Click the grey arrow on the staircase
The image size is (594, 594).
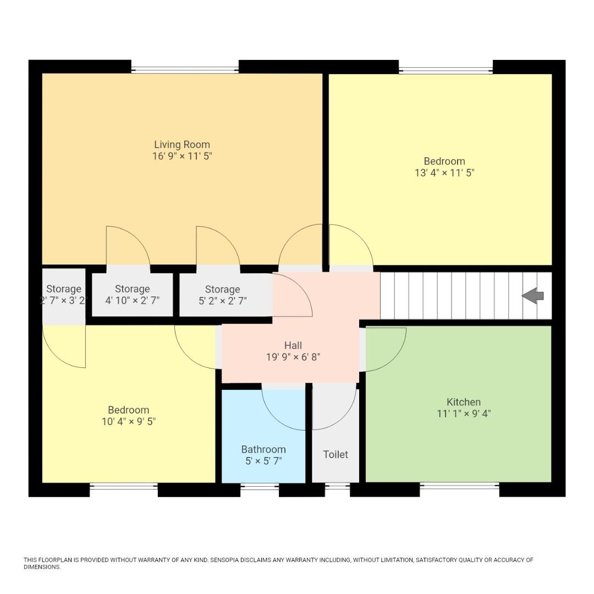(532, 296)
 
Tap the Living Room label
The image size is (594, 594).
(182, 145)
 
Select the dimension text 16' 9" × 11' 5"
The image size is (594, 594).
(182, 156)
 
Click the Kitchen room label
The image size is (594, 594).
(463, 402)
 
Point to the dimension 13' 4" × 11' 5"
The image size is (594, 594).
(444, 173)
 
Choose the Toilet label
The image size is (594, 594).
(335, 454)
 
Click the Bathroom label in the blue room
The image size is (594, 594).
(263, 449)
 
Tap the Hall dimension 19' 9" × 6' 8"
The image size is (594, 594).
(293, 357)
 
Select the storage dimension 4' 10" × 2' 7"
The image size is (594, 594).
(132, 301)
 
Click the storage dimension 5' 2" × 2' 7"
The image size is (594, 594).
(222, 301)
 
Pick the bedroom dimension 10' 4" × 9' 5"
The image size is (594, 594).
(128, 422)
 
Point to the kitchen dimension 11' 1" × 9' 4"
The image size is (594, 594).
(463, 414)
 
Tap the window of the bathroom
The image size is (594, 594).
(260, 486)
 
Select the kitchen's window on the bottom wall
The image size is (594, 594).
(459, 486)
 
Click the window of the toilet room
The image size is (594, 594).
(337, 486)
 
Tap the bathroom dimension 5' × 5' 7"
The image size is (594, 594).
(263, 461)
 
